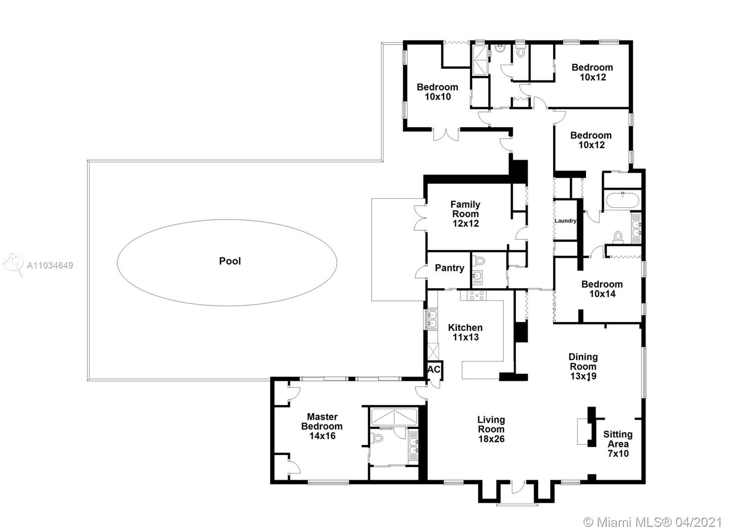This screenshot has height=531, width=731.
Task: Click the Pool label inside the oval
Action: [x=230, y=261]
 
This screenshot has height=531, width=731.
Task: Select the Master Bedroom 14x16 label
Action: [x=322, y=426]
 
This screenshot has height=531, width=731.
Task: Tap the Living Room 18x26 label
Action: [x=491, y=429]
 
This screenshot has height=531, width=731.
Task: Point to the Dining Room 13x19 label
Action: [x=583, y=367]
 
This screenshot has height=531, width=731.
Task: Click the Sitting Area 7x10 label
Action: [x=618, y=444]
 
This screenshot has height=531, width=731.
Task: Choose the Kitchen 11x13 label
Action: [x=465, y=332]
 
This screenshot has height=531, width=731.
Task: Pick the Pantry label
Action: [x=450, y=268]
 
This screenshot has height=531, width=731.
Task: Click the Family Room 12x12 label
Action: [x=466, y=214]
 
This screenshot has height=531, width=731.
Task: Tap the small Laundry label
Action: [x=565, y=221]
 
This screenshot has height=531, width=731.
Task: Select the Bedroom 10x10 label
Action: [x=437, y=92]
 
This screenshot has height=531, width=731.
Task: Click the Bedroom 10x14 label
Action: [x=602, y=289]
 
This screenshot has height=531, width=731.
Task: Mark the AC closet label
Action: [x=434, y=369]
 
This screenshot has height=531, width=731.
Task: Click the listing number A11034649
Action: [x=50, y=266]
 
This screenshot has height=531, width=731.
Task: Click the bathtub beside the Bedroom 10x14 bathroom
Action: [x=622, y=200]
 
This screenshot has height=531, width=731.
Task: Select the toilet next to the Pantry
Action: [x=479, y=261]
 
